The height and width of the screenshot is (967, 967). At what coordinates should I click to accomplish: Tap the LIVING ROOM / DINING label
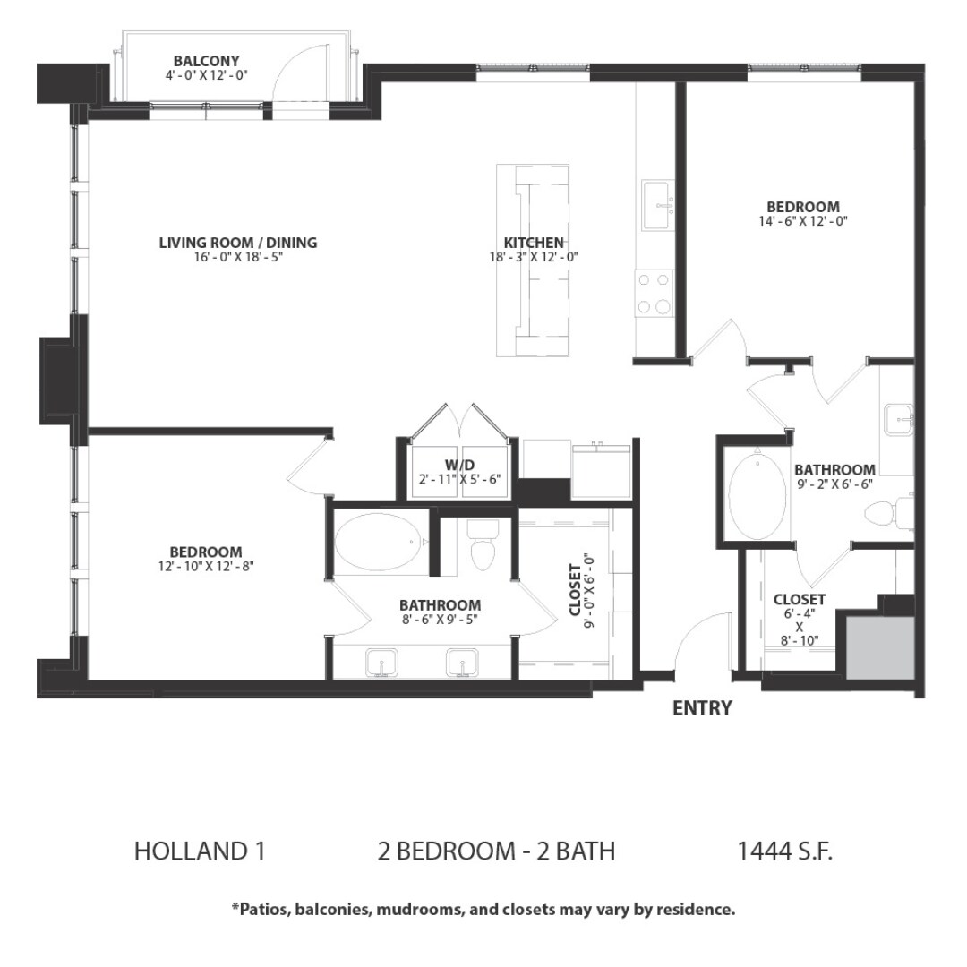tap(237, 243)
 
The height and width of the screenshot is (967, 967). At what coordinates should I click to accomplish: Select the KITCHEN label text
tap(534, 243)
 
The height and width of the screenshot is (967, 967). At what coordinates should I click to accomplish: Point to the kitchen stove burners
tap(654, 293)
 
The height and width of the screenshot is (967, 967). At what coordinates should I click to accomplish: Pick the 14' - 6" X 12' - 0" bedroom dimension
tap(802, 220)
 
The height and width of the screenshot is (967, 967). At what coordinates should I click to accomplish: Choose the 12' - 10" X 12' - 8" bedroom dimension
tap(206, 566)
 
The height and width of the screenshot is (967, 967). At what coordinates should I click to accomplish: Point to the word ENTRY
tap(702, 708)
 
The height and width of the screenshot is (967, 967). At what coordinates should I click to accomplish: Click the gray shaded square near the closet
tap(878, 646)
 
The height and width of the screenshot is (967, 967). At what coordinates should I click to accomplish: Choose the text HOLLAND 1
tap(200, 851)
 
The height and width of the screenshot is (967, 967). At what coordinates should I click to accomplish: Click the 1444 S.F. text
tap(784, 851)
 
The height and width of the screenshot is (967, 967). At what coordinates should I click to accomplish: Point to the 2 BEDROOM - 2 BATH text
tap(497, 851)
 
